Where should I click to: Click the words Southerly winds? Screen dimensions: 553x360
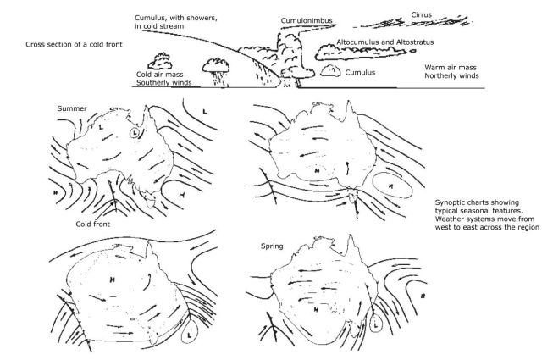click(163, 83)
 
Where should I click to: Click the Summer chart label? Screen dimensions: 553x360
click(73, 108)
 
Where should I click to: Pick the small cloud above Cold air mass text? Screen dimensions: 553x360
click(162, 59)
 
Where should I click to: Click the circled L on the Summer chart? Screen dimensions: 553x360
click(140, 133)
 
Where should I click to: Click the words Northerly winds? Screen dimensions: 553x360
click(452, 75)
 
